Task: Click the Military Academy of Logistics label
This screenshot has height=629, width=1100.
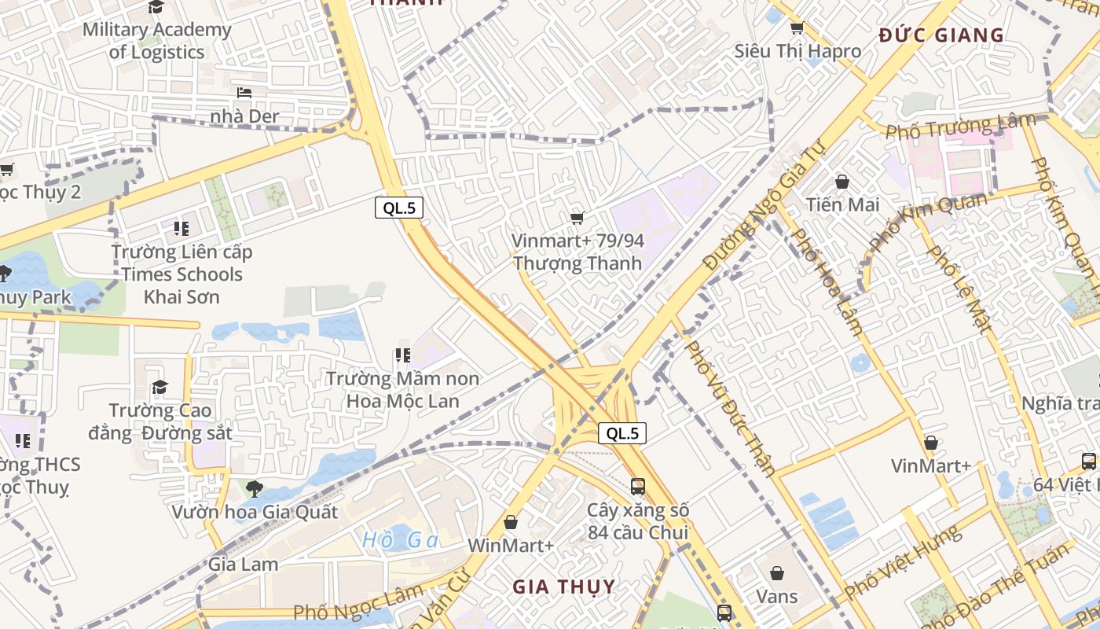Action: [156, 41]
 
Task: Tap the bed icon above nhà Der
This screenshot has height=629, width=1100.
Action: [244, 93]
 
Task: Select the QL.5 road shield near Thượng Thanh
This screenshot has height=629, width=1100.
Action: [399, 208]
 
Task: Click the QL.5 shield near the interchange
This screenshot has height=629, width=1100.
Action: [622, 433]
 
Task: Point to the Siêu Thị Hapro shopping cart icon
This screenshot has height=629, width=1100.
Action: [797, 29]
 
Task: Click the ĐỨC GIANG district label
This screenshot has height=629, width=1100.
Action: [941, 35]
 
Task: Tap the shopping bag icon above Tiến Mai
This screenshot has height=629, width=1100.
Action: [842, 182]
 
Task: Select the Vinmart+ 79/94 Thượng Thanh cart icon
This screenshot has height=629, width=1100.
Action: [577, 218]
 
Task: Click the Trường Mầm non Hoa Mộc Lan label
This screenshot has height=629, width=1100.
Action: [403, 390]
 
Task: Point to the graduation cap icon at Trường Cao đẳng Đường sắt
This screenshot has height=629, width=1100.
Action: [160, 387]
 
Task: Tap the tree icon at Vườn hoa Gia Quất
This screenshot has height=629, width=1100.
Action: [254, 489]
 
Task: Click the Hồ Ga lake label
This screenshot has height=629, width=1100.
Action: [401, 541]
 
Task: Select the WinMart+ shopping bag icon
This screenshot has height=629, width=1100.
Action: [511, 522]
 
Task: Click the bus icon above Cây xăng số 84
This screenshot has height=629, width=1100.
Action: [638, 487]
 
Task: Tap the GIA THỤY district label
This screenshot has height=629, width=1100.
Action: [564, 587]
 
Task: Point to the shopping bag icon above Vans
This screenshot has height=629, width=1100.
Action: [777, 573]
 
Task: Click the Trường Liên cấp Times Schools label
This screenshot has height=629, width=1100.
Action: [181, 274]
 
